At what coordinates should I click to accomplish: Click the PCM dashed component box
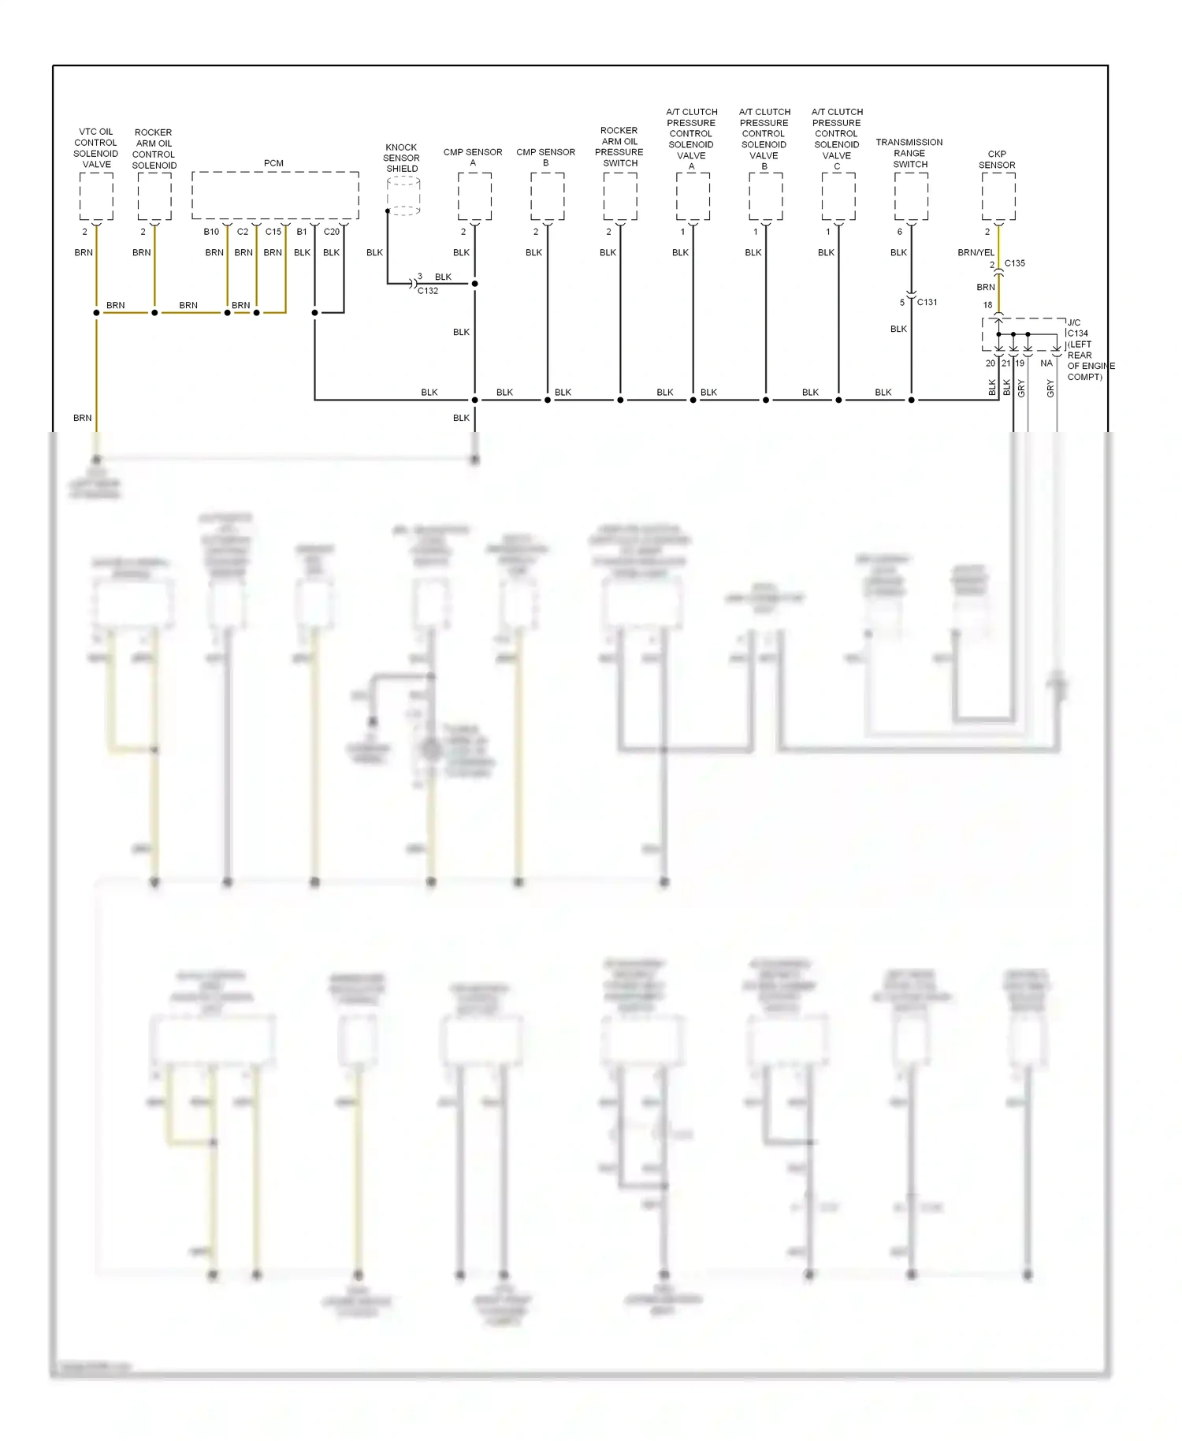[x=275, y=195]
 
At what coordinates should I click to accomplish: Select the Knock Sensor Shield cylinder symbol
[x=403, y=195]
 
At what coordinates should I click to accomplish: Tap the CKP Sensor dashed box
[x=998, y=196]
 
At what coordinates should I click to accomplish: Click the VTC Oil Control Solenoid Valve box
[x=96, y=196]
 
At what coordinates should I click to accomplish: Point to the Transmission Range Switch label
[x=909, y=153]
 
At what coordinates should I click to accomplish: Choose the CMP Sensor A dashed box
[x=474, y=196]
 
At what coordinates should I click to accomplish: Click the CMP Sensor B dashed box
[x=547, y=196]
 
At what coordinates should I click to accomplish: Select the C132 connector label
[x=428, y=291]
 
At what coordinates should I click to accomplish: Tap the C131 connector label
[x=927, y=302]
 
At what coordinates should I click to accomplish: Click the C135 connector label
[x=1015, y=263]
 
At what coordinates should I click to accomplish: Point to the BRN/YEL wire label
[x=976, y=252]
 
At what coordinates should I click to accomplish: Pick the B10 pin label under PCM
[x=211, y=232]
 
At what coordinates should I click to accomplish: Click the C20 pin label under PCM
[x=332, y=232]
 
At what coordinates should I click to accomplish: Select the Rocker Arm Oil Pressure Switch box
[x=620, y=196]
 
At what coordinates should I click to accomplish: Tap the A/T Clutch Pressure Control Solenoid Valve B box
[x=765, y=196]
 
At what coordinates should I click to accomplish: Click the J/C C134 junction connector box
[x=1023, y=334]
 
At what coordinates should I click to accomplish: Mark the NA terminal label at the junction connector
[x=1046, y=363]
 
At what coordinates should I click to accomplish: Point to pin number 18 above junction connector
[x=987, y=305]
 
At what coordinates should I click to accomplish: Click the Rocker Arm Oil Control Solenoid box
[x=154, y=196]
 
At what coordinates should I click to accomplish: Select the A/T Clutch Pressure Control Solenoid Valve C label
[x=837, y=139]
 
